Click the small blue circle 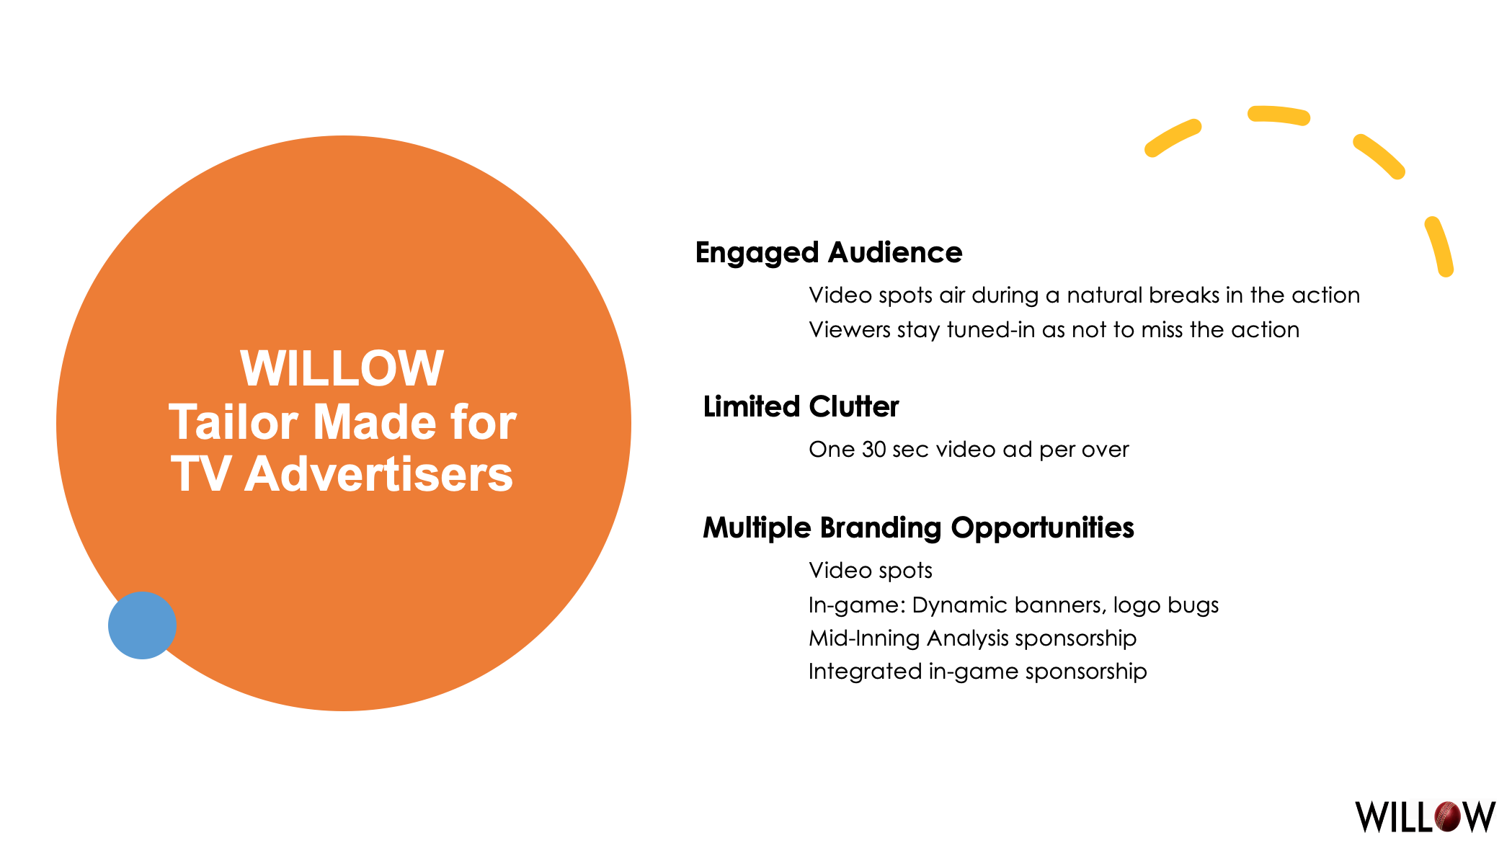[x=142, y=625]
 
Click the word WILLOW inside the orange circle [x=342, y=369]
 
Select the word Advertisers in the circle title [x=378, y=475]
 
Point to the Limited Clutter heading [x=801, y=407]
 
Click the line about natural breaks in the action [x=1084, y=295]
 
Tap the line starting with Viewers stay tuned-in [x=1054, y=330]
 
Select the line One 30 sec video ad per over [x=969, y=450]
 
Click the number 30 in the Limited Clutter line [x=873, y=450]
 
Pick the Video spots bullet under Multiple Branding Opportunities [x=870, y=571]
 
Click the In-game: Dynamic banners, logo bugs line [x=1013, y=605]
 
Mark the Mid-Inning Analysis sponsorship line [x=972, y=638]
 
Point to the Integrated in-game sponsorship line [x=977, y=672]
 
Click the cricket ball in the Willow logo [x=1449, y=816]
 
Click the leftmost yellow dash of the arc [x=1173, y=138]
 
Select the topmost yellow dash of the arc [x=1279, y=115]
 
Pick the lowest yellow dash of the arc [x=1439, y=246]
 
